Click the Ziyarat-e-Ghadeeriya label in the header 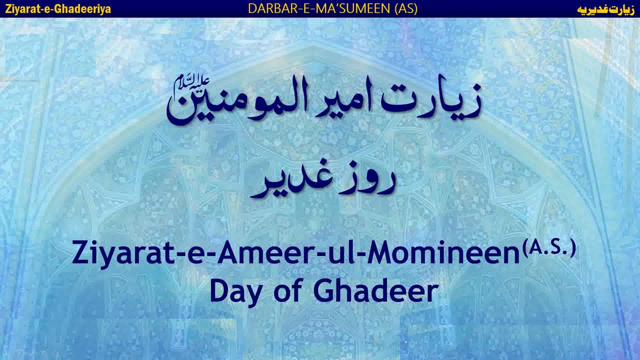(58, 9)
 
